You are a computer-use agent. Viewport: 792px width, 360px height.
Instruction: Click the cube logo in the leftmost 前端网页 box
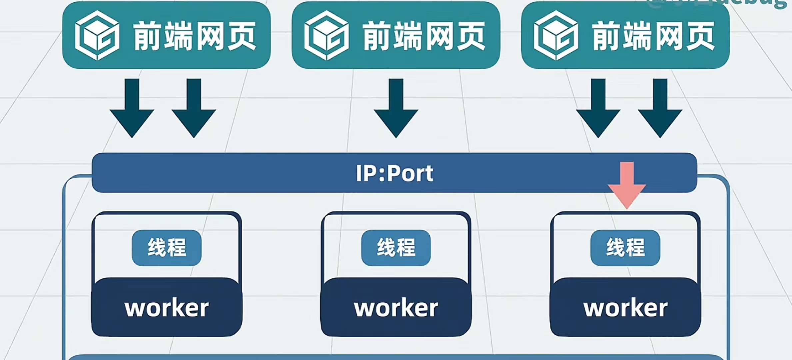point(97,35)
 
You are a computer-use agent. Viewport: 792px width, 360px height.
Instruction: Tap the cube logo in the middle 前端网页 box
point(327,35)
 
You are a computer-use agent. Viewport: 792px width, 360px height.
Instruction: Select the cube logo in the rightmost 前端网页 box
point(556,35)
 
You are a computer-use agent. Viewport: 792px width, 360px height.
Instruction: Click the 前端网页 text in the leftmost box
point(195,36)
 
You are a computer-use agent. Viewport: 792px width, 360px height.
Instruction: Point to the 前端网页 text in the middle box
point(424,36)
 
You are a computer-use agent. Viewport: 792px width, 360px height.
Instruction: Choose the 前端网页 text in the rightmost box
point(653,36)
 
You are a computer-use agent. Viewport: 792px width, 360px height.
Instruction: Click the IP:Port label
point(395,173)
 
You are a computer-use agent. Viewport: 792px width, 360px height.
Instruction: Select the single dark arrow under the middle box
point(396,108)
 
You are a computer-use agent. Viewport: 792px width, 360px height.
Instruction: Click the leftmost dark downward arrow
point(132,108)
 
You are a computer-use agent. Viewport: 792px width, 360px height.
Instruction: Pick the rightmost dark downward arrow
point(660,108)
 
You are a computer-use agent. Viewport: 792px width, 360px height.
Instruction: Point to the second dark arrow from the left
point(194,108)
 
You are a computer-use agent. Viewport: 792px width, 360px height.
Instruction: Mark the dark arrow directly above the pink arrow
point(598,108)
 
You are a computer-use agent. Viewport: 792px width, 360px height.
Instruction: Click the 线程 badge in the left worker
point(167,248)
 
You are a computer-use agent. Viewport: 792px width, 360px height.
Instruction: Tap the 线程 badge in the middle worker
point(396,248)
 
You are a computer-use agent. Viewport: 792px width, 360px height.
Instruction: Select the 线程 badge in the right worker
point(625,248)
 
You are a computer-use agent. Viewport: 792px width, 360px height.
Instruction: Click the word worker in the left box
point(167,308)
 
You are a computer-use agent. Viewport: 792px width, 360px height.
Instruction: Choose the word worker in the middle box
point(396,308)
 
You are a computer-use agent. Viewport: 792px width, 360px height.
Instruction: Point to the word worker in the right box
point(625,308)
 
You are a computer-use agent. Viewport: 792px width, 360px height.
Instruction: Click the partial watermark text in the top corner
point(720,3)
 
